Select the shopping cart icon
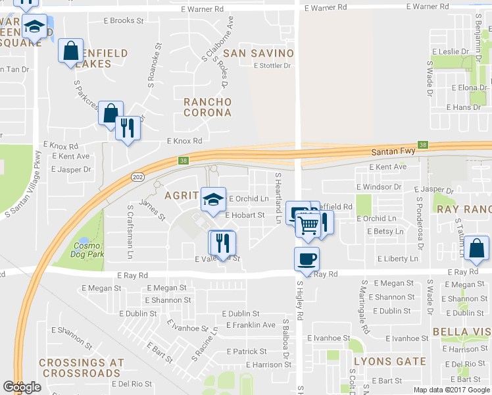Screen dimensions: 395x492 point(308,225)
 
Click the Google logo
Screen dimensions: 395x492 point(22,387)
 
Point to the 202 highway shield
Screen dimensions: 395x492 point(138,177)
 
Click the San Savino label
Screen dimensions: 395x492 point(257,53)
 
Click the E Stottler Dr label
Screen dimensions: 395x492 point(272,65)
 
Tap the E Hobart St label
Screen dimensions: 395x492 point(245,215)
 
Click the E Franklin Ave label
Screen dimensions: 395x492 point(251,325)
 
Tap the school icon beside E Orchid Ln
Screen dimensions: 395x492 point(212,199)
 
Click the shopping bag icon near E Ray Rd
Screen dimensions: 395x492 point(478,249)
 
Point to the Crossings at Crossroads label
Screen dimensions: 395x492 point(80,368)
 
